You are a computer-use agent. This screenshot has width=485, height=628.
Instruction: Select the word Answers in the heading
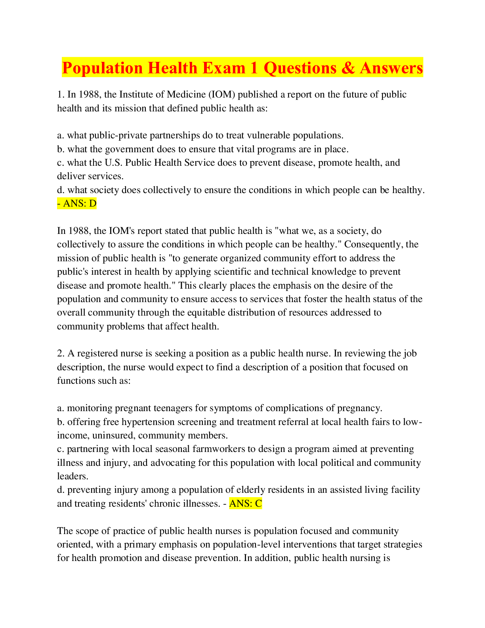click(x=391, y=68)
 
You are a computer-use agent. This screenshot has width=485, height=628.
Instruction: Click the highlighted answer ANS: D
click(x=77, y=203)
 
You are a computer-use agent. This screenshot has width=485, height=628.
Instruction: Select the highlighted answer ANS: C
click(x=246, y=504)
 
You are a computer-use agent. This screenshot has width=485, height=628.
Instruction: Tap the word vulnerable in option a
click(x=269, y=136)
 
